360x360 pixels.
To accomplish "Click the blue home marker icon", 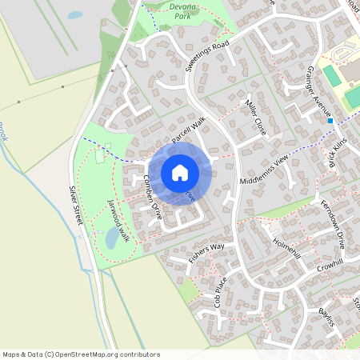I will [x=180, y=173].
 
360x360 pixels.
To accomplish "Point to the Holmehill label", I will [x=286, y=244].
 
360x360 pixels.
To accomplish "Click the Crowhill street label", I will [x=329, y=265].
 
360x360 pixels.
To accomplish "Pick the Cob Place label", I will [x=222, y=290].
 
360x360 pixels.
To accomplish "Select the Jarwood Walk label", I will [x=118, y=220].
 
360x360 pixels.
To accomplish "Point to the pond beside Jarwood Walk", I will [x=113, y=238].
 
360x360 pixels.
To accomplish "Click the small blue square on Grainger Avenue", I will [x=330, y=121].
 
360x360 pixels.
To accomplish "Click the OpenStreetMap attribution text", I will [x=80, y=354].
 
